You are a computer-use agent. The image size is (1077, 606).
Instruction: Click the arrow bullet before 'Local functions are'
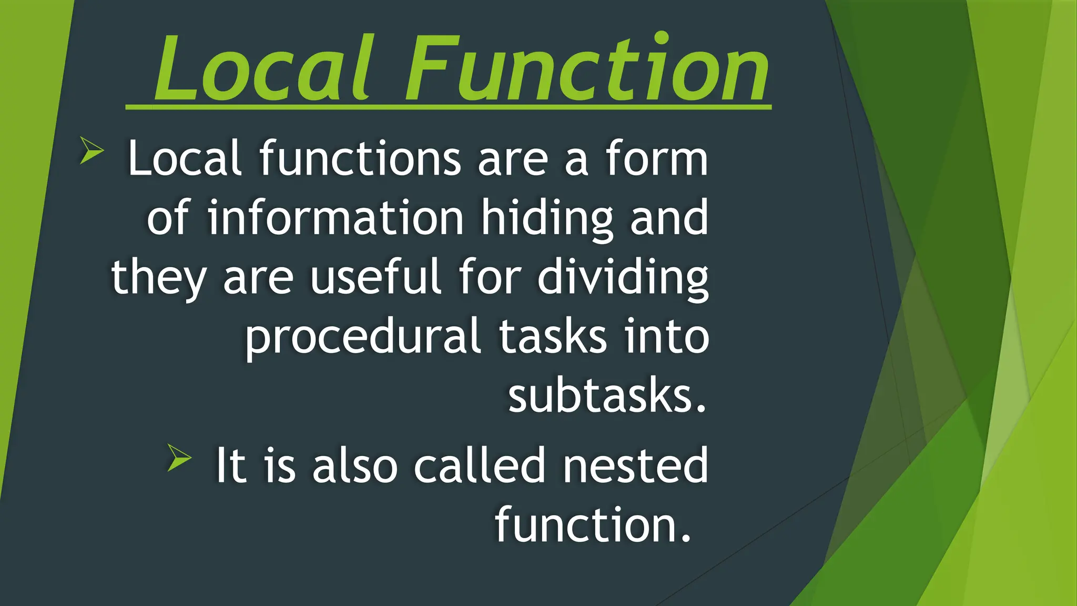(92, 150)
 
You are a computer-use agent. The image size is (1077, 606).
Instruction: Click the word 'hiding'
(547, 218)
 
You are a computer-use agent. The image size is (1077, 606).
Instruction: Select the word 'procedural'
(363, 337)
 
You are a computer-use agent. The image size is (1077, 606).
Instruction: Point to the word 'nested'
(636, 465)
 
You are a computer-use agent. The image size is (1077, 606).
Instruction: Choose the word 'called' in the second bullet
(479, 465)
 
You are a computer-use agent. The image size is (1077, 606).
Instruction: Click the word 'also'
(355, 465)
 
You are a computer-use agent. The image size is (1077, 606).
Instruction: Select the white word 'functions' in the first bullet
(360, 159)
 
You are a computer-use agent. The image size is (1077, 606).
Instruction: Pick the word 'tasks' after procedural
(552, 337)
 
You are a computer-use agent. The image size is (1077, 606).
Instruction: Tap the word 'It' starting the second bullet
(230, 465)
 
